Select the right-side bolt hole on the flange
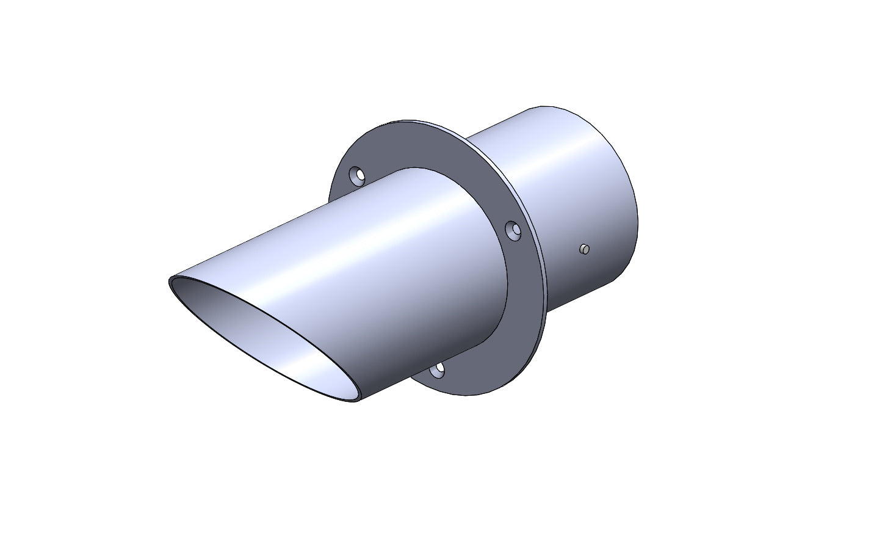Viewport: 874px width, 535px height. click(515, 231)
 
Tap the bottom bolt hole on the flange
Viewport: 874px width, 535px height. click(436, 369)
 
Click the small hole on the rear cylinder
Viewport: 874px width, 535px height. click(584, 249)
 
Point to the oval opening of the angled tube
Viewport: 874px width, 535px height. click(269, 339)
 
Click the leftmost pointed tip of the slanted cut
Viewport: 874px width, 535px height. click(170, 282)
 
